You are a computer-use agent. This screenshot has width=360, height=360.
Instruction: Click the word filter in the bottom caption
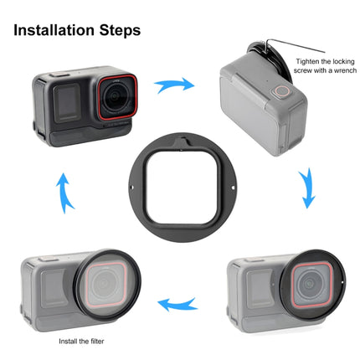(x=94, y=341)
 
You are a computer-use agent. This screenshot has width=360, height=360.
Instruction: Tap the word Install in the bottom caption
(x=69, y=341)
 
